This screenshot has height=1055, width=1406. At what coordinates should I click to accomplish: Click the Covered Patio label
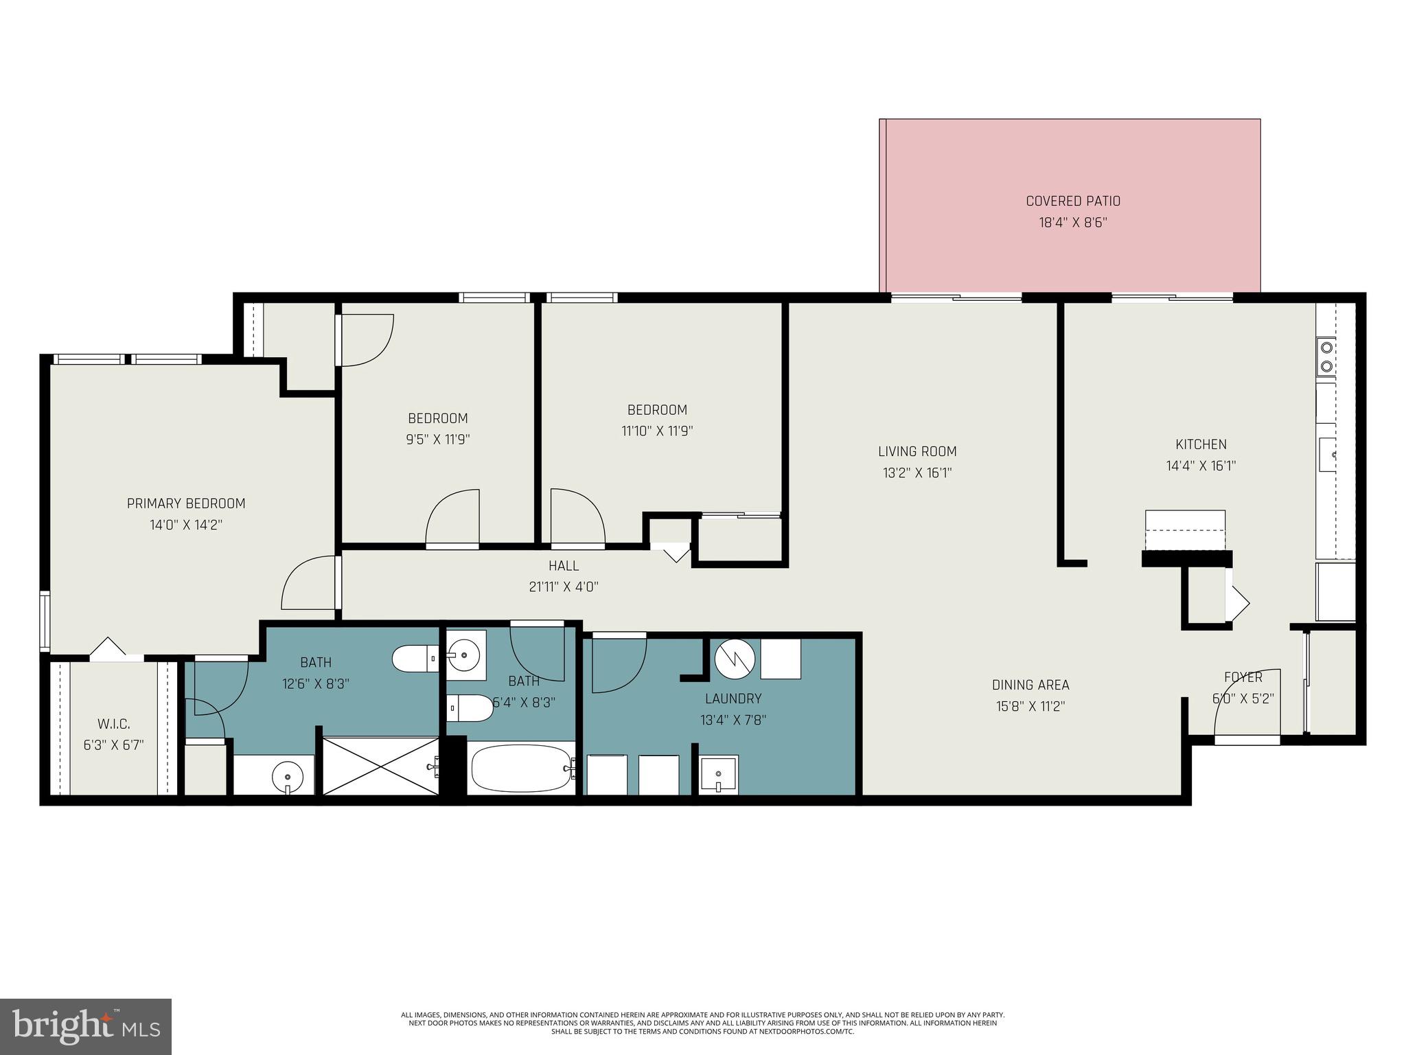click(x=1072, y=201)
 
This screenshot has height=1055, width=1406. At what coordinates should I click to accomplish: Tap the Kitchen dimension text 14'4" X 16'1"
click(x=1201, y=466)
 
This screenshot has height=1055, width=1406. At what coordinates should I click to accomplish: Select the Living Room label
click(x=917, y=451)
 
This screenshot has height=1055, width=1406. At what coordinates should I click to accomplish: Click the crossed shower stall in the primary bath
click(x=380, y=766)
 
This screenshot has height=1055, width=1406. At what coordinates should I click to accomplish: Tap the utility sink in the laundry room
click(x=718, y=774)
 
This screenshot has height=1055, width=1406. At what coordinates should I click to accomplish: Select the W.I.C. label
click(x=114, y=724)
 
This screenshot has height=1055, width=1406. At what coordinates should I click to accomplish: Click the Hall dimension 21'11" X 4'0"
click(x=564, y=587)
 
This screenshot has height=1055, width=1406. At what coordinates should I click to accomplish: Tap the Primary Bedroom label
click(x=186, y=503)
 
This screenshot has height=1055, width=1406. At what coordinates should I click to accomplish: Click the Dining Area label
click(x=1030, y=685)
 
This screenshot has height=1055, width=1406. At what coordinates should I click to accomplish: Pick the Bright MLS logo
click(x=86, y=1026)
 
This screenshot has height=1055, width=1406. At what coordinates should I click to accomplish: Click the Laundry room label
click(x=733, y=699)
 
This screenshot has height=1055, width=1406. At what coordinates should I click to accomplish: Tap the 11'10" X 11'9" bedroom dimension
click(x=657, y=431)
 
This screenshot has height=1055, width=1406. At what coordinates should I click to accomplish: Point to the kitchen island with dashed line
click(x=1185, y=530)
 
